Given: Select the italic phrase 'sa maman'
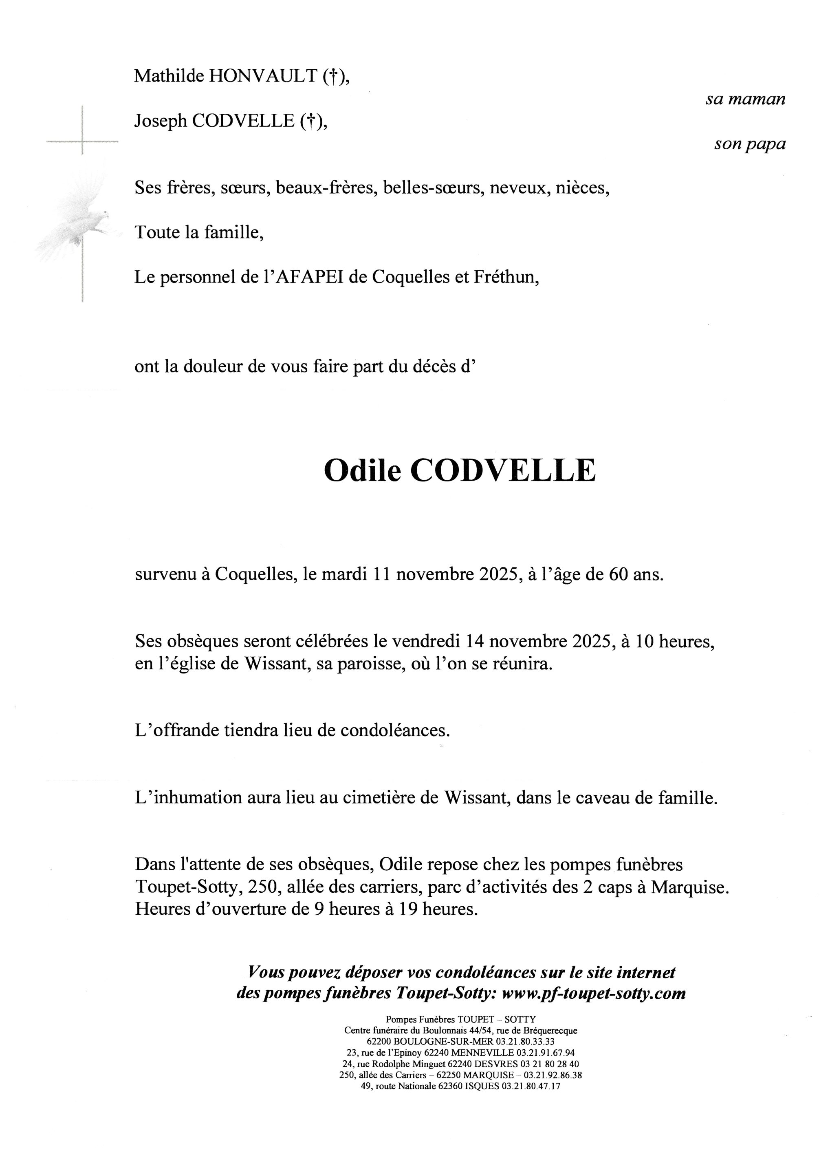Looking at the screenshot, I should (745, 99).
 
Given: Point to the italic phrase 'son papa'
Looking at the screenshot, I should (749, 144).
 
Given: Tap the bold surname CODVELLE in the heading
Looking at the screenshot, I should (503, 471).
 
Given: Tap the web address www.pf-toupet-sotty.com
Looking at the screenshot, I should (594, 993).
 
